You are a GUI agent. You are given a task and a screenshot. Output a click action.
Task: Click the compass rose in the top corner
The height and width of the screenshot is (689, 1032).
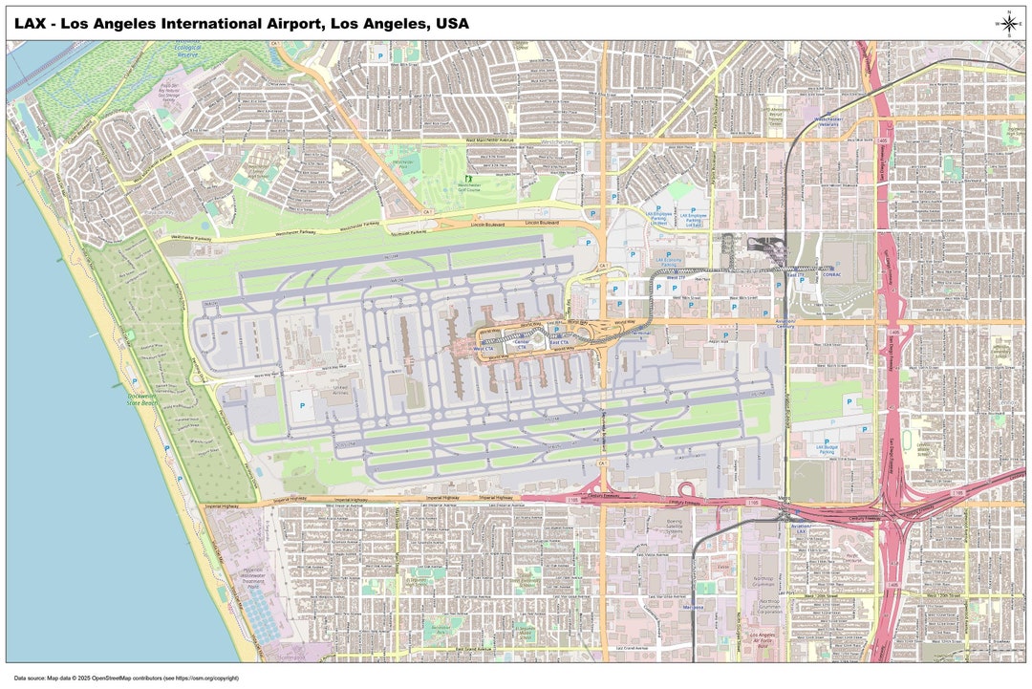(1009, 23)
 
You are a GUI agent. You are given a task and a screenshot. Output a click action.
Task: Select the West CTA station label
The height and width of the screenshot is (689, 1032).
(484, 349)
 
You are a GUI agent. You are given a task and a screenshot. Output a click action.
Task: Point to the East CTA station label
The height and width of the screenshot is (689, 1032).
(555, 341)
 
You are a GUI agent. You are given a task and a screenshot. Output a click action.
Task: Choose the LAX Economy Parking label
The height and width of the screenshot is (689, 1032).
(667, 260)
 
